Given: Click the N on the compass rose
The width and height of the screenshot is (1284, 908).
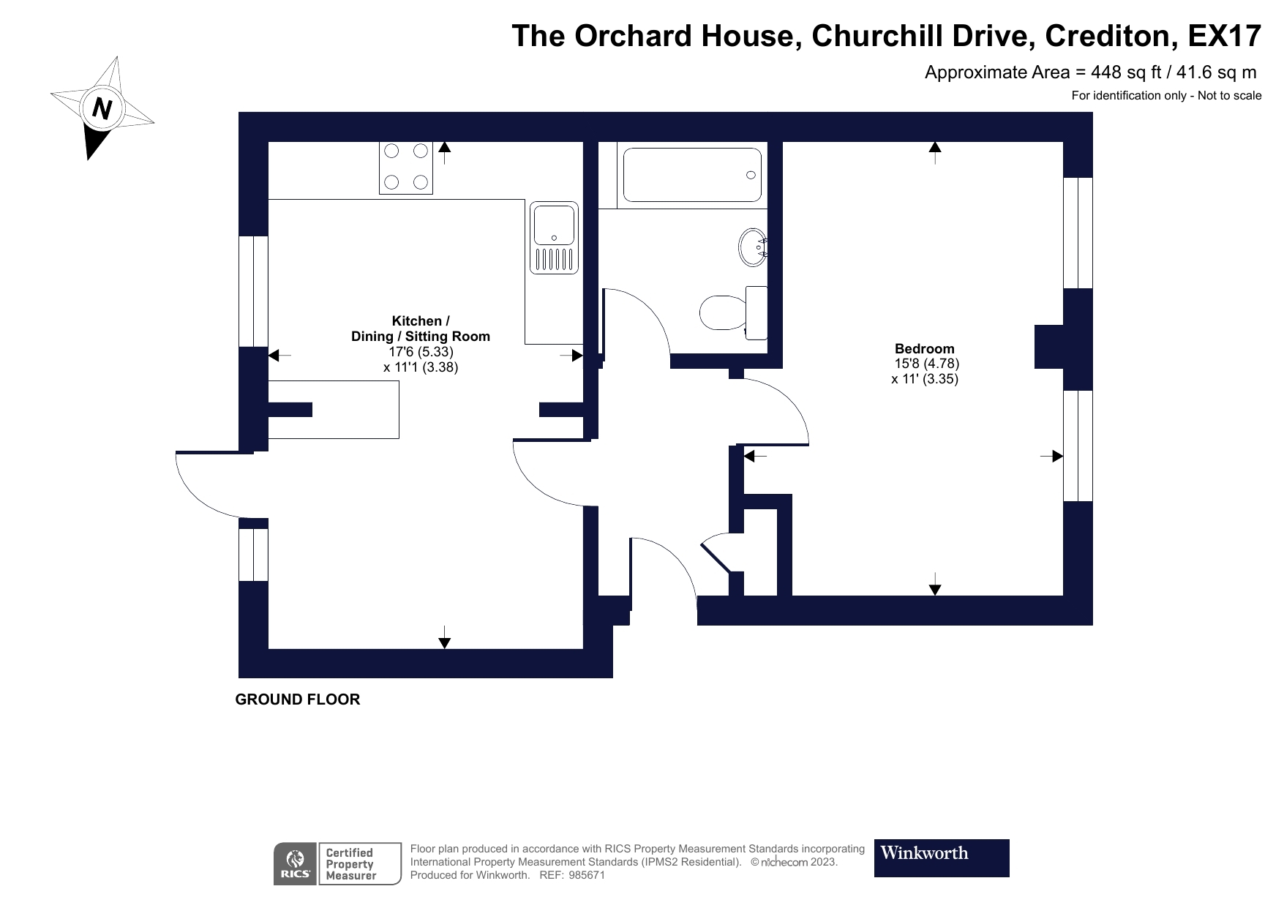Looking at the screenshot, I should click(102, 109).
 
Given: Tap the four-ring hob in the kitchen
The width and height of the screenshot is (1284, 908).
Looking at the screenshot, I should click(406, 167).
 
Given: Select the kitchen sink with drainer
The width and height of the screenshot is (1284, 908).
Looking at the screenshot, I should click(554, 238).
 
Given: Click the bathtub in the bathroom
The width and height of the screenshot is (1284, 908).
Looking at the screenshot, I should click(690, 175).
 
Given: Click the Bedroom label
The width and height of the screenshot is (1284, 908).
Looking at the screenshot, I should click(924, 349).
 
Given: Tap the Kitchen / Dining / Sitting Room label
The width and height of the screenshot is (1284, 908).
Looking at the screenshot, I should click(420, 329).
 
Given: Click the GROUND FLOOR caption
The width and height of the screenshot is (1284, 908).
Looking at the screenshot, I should click(297, 699).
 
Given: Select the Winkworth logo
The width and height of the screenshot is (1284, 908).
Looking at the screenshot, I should click(941, 858).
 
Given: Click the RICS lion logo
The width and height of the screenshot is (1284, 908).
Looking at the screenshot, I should click(296, 863).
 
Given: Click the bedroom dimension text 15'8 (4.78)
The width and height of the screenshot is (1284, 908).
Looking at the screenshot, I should click(926, 364).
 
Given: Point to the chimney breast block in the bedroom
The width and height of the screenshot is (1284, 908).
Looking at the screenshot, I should click(1048, 347).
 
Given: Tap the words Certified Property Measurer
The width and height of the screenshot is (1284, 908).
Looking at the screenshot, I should click(350, 864).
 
